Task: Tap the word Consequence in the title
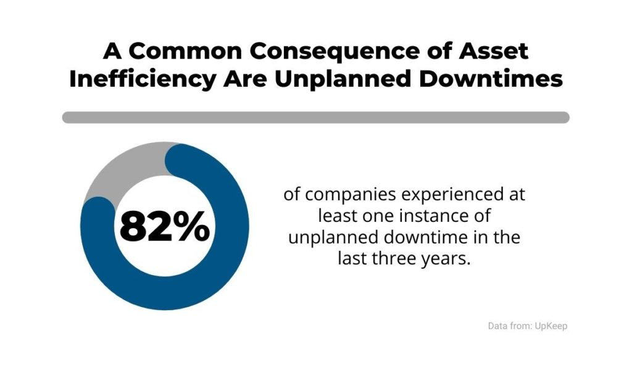click(309, 51)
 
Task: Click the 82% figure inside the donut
click(164, 226)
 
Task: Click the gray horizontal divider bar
click(315, 117)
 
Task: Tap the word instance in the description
click(435, 216)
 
